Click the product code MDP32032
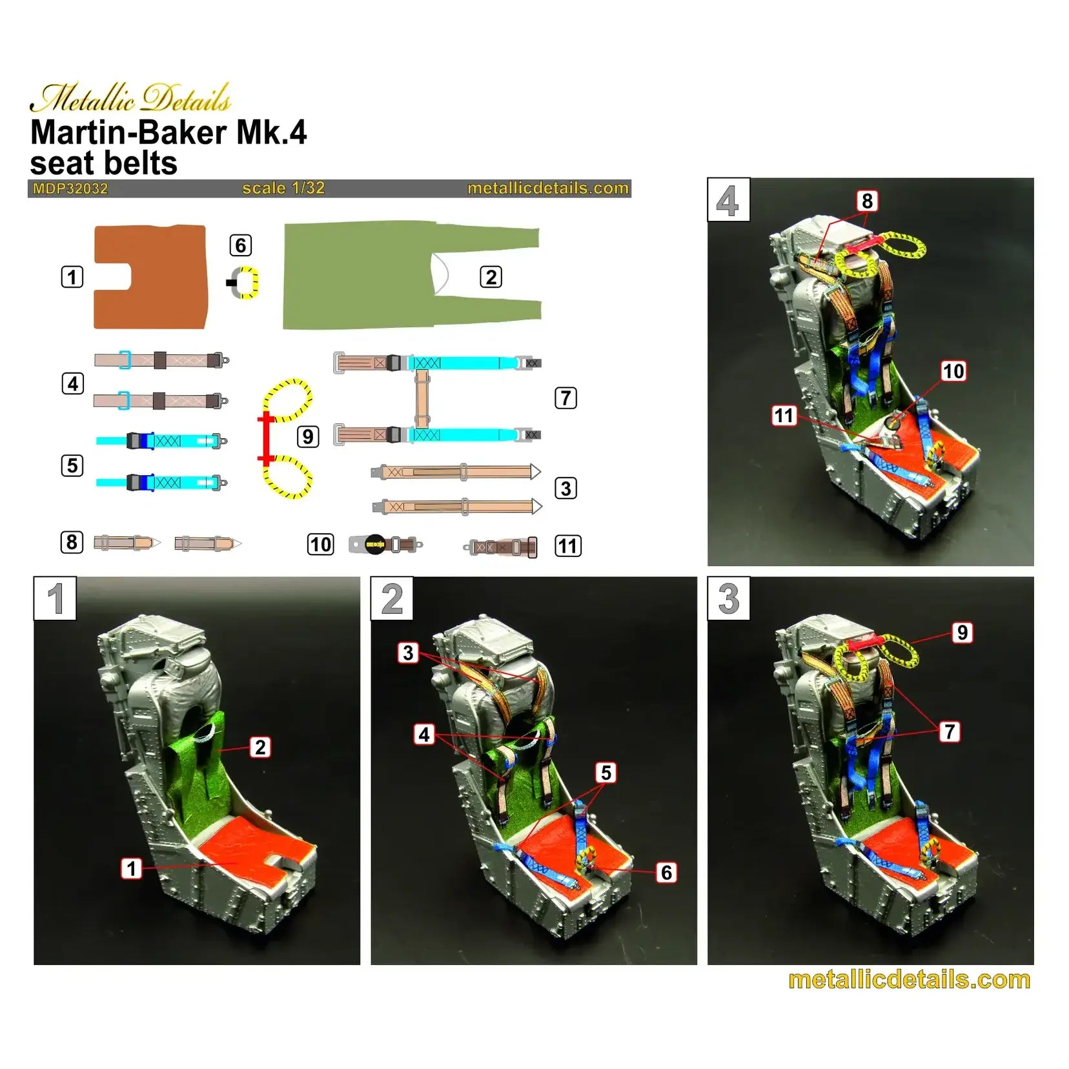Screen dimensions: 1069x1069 point(70,188)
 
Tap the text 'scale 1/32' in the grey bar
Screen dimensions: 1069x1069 point(283,188)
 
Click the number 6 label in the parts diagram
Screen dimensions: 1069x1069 point(240,245)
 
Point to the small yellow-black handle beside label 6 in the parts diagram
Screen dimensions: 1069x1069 point(245,283)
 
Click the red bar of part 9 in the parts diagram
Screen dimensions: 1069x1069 point(265,439)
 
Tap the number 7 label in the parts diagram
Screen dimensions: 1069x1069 point(565,398)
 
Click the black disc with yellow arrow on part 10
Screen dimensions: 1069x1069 point(375,545)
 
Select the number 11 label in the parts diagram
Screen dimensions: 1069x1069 point(567,546)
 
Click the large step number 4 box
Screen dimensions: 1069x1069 point(728,200)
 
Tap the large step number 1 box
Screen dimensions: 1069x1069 point(55,598)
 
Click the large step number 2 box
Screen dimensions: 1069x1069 point(392,598)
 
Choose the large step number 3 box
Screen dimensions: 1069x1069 point(729,598)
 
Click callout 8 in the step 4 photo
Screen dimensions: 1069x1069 point(867,201)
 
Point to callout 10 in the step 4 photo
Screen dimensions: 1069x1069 point(953,371)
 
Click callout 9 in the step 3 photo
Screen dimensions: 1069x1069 point(962,633)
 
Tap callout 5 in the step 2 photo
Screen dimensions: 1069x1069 point(606,773)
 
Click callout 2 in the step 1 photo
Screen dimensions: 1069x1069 point(260,748)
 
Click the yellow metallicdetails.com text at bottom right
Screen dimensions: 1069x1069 point(909,980)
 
